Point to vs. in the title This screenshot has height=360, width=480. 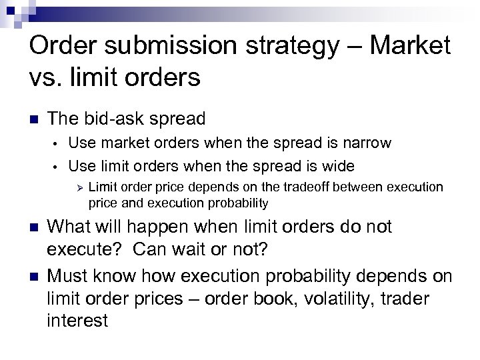point(47,77)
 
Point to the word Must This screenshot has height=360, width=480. point(71,275)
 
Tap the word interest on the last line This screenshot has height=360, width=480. point(77,321)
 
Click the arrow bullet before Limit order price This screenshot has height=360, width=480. point(77,187)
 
